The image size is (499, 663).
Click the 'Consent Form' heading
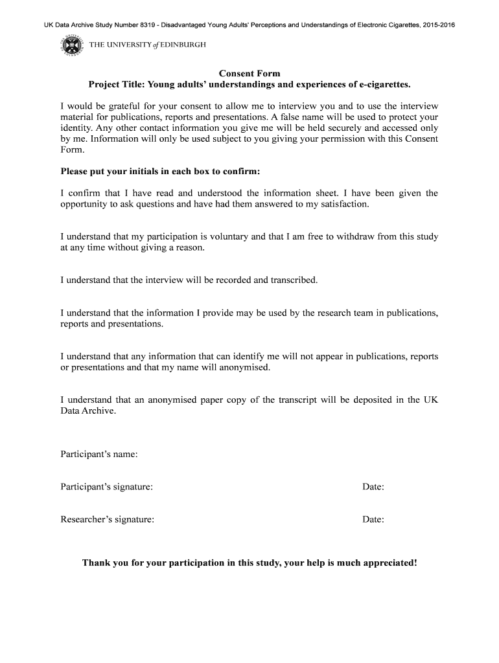pos(250,74)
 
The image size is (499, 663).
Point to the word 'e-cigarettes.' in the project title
pos(384,85)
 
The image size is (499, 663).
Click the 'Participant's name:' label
pos(99,454)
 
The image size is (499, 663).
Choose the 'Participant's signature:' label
pos(107,486)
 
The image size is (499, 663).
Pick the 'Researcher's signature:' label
pos(108,519)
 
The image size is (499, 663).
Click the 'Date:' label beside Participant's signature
pos(373,486)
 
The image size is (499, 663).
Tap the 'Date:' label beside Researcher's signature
pos(373,519)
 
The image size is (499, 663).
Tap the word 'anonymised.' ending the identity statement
pos(246,368)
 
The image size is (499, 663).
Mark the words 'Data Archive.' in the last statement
pos(88,411)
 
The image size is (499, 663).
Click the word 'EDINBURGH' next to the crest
pos(183,45)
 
